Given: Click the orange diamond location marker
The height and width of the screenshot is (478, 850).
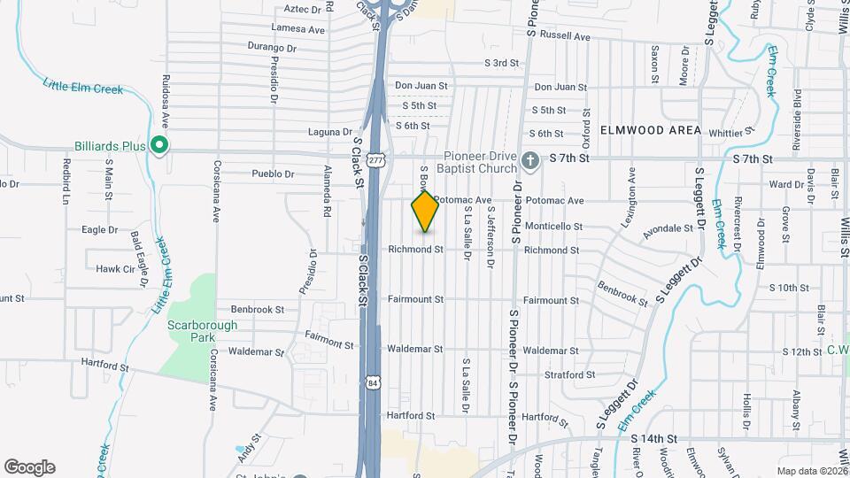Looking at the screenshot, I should pyautogui.click(x=425, y=211).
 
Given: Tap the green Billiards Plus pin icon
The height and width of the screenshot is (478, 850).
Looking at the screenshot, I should pyautogui.click(x=159, y=143).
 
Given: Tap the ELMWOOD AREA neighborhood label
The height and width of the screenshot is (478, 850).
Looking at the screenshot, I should pyautogui.click(x=650, y=130).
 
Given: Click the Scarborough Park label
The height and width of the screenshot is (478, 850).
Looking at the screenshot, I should pyautogui.click(x=203, y=331).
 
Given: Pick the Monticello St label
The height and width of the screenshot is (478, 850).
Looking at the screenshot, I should pyautogui.click(x=553, y=227).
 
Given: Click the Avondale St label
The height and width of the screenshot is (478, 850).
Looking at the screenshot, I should pyautogui.click(x=668, y=228).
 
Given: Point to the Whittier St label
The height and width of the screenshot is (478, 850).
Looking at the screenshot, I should pyautogui.click(x=730, y=133).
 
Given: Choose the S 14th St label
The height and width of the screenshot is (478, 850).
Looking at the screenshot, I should pyautogui.click(x=653, y=438).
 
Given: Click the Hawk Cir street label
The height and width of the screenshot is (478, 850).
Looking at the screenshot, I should pyautogui.click(x=114, y=268).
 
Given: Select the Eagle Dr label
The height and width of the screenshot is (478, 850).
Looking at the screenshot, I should pyautogui.click(x=99, y=229).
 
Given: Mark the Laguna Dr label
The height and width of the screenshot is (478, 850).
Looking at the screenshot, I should pyautogui.click(x=330, y=132).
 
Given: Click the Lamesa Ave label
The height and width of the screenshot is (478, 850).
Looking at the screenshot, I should pyautogui.click(x=302, y=29).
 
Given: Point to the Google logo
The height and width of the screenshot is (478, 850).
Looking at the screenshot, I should pyautogui.click(x=29, y=467).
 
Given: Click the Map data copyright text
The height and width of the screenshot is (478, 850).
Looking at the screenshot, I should pyautogui.click(x=812, y=471).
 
